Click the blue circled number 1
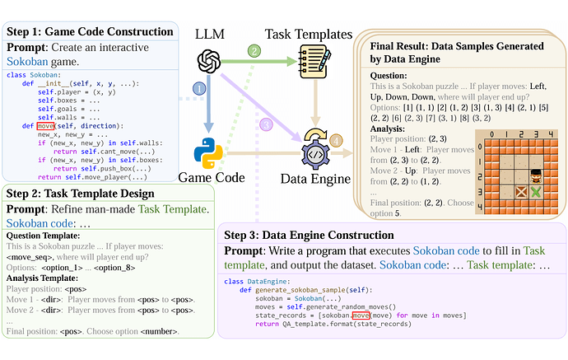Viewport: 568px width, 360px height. [198, 89]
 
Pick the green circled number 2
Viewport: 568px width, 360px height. [255, 51]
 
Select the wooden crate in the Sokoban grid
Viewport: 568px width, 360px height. [520, 192]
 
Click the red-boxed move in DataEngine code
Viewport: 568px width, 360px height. [361, 316]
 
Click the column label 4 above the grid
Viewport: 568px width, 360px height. [552, 132]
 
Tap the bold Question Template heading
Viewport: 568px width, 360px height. [53, 234]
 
